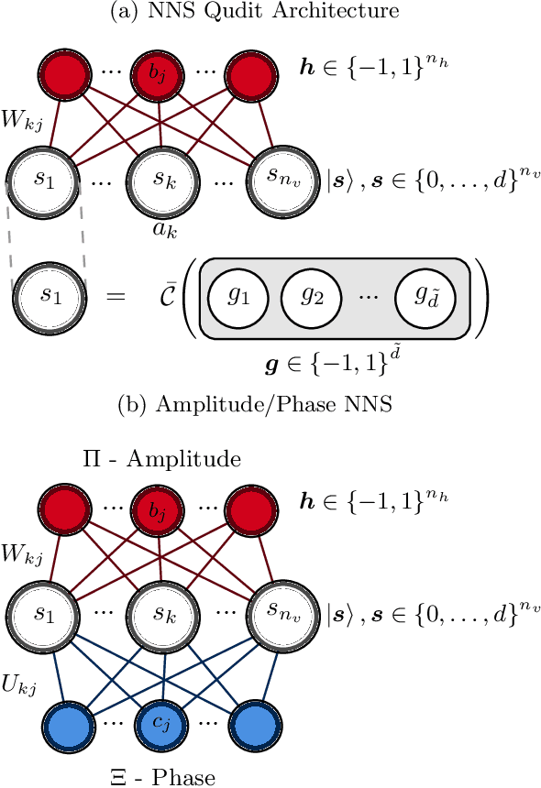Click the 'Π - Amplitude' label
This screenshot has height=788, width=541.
[162, 459]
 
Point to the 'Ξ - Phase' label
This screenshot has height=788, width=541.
[161, 778]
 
